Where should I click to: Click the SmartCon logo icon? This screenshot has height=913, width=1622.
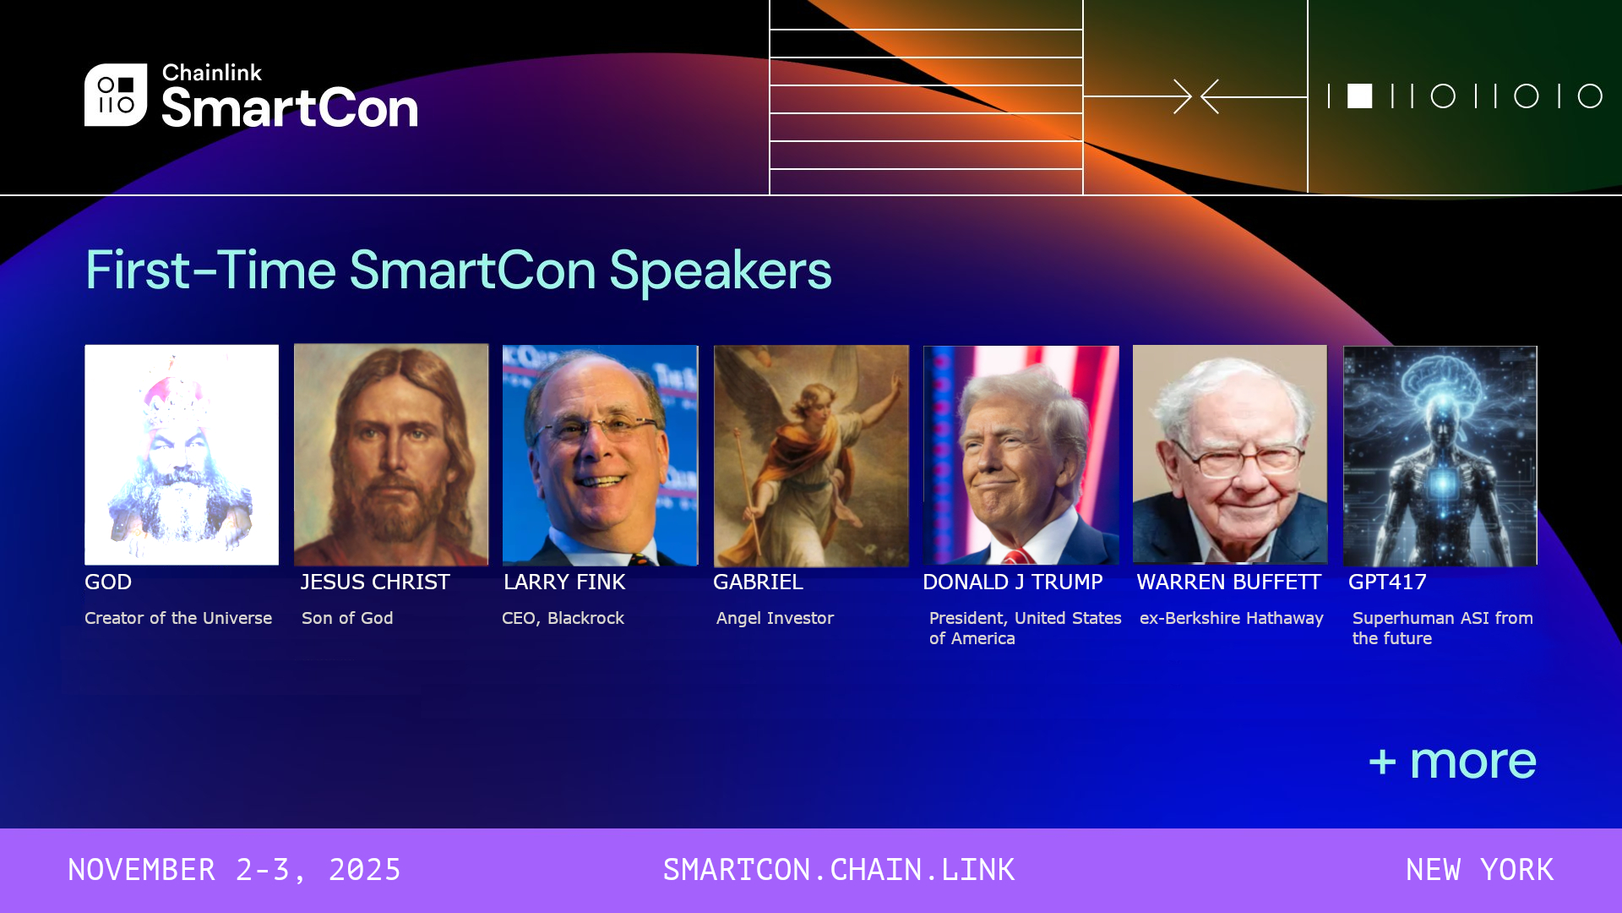pos(116,95)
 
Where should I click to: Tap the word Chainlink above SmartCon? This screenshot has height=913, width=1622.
pos(212,73)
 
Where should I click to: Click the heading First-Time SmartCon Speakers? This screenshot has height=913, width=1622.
pos(459,271)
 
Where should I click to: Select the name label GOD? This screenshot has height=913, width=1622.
pos(108,582)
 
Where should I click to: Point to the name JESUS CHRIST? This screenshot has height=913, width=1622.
pos(375,582)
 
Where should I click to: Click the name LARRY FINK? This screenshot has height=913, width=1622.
pos(564,582)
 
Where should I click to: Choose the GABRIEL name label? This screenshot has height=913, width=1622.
pos(758,582)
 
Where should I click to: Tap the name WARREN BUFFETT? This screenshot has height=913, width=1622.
pos(1228,582)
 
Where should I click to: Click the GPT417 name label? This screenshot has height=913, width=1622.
pos(1387,582)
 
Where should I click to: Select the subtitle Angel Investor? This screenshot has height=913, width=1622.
pos(775,618)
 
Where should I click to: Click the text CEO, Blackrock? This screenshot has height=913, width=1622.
pos(563,618)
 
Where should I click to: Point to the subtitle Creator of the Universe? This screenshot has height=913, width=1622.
pos(178,618)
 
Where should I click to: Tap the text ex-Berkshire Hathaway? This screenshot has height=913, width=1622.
pos(1232,618)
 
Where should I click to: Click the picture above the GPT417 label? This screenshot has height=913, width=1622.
pos(1440,456)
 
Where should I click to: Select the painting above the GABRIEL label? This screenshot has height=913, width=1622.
pos(811,456)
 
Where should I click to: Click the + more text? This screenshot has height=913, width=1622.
pos(1452,762)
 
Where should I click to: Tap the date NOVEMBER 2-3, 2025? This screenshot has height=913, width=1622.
pos(234,870)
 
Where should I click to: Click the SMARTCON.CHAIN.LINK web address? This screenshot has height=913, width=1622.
pos(839,870)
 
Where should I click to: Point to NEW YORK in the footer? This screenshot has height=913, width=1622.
pos(1479,870)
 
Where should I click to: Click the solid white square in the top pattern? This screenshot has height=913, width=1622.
pos(1359,96)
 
